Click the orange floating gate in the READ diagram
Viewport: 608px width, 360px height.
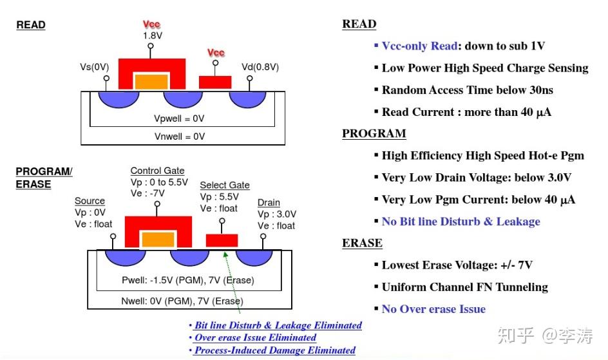151,82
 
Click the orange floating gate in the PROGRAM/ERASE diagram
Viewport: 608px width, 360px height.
158,240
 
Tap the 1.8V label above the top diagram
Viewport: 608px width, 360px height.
153,35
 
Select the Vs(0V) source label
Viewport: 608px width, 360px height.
94,67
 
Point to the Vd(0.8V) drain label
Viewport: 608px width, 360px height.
260,67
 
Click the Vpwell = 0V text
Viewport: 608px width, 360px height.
179,118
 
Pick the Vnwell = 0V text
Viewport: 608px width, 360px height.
180,137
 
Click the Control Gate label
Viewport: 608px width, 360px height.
157,171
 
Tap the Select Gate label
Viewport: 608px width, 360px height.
225,185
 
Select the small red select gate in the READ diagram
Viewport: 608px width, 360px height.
215,82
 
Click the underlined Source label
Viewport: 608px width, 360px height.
90,201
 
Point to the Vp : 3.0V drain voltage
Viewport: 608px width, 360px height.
277,214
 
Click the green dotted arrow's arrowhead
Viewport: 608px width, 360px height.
225,254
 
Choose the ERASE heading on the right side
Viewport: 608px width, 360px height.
362,243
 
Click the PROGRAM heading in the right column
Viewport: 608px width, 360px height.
374,133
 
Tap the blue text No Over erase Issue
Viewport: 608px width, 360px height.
433,309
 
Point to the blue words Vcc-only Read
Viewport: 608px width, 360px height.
419,46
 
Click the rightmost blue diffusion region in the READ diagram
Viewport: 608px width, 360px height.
248,99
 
